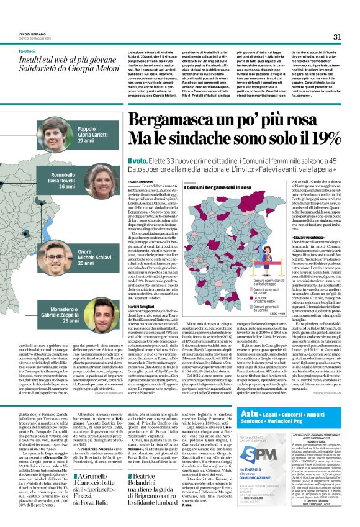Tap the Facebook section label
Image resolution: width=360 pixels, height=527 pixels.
tap(27, 51)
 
